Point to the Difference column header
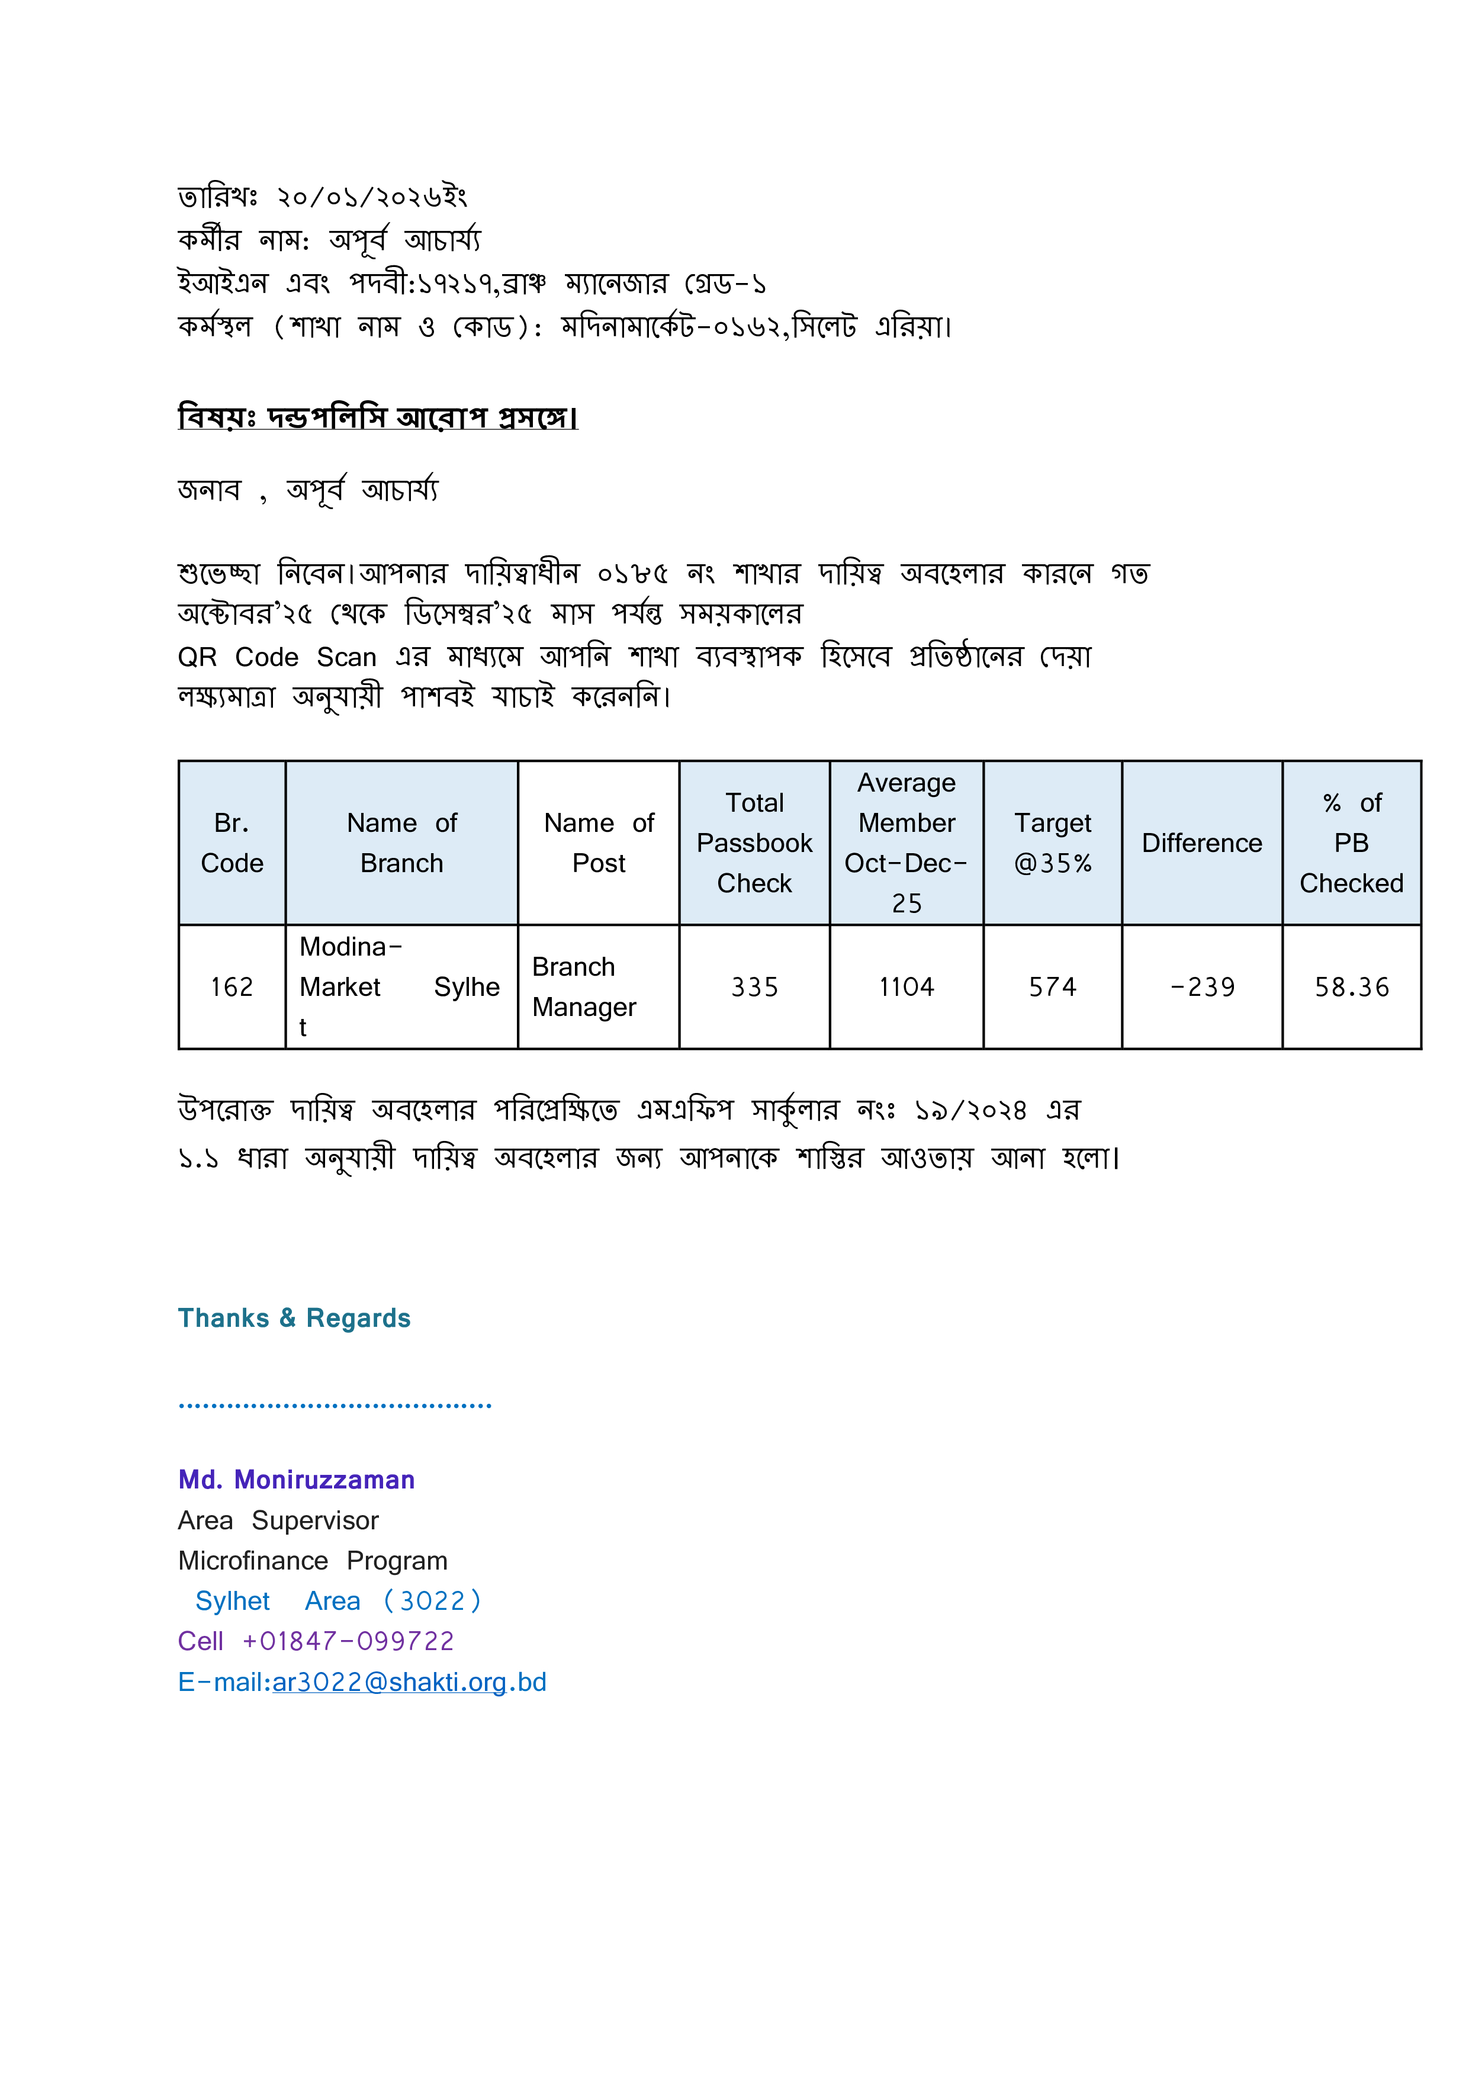pos(1201,843)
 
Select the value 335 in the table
pos(754,987)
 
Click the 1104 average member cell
pos(907,987)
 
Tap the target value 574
pos(1052,987)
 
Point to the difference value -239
pos(1202,987)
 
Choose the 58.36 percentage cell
pos(1351,987)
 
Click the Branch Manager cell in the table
pos(584,987)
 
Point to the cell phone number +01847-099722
pos(348,1641)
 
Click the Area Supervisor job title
pos(278,1520)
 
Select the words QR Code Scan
pos(277,657)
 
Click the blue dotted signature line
pos(335,1406)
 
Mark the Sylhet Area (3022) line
pos(337,1601)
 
